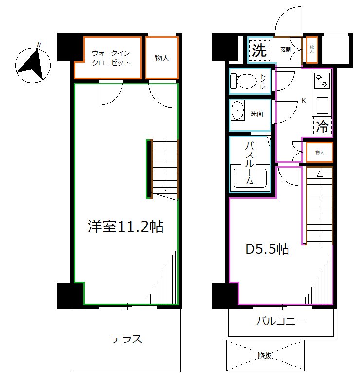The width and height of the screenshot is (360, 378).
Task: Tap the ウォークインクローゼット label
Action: pyautogui.click(x=111, y=58)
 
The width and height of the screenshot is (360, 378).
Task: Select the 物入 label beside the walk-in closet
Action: pyautogui.click(x=162, y=58)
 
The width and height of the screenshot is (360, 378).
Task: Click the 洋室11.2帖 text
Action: pyautogui.click(x=125, y=226)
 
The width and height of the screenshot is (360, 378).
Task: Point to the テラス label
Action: pyautogui.click(x=126, y=339)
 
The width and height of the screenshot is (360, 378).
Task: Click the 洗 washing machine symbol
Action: pyautogui.click(x=259, y=51)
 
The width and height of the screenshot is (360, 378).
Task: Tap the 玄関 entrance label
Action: pyautogui.click(x=286, y=50)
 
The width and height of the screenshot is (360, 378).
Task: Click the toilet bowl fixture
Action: pyautogui.click(x=242, y=81)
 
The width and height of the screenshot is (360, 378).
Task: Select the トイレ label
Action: pyautogui.click(x=263, y=81)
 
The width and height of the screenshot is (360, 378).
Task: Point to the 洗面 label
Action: pyautogui.click(x=257, y=114)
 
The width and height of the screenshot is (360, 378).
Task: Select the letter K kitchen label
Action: pyautogui.click(x=303, y=101)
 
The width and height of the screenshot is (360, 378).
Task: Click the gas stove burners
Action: pyautogui.click(x=322, y=81)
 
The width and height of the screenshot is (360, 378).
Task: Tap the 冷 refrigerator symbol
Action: pyautogui.click(x=322, y=127)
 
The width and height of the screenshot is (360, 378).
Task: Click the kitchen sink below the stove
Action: pyautogui.click(x=321, y=105)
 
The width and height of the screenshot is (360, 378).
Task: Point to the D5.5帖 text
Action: pyautogui.click(x=267, y=250)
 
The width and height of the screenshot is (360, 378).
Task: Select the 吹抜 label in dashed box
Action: pyautogui.click(x=265, y=356)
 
